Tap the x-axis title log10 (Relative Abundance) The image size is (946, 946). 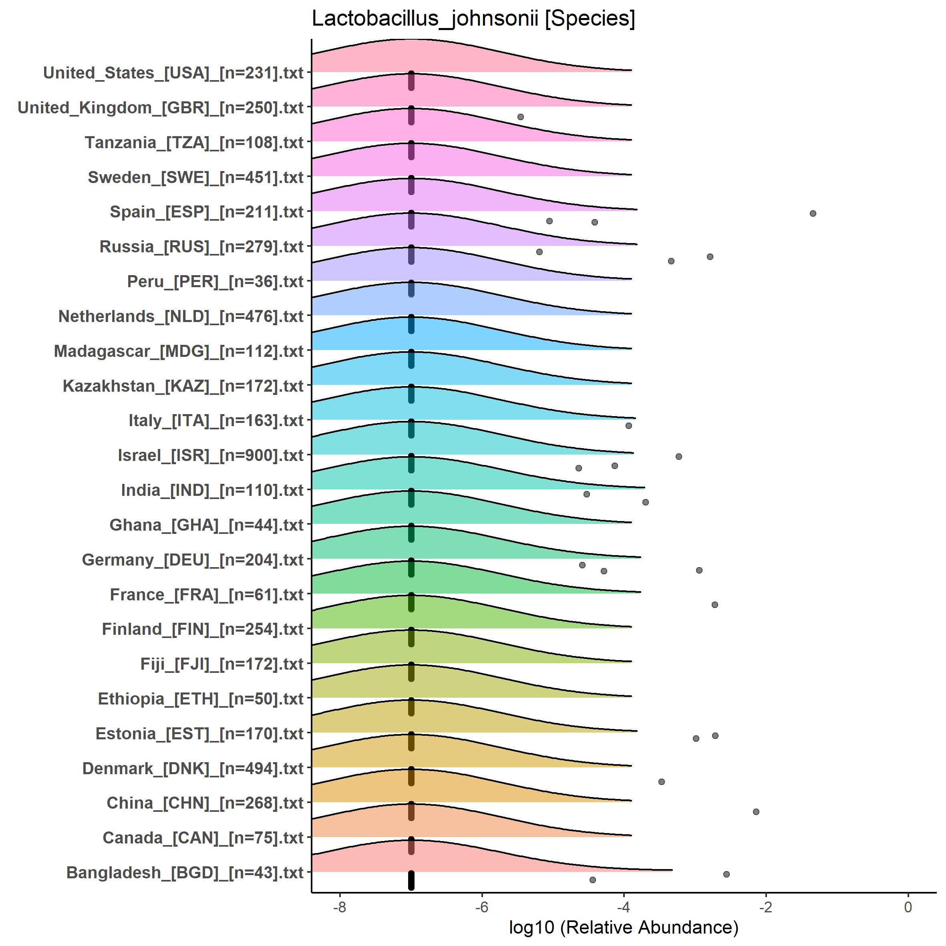tap(623, 927)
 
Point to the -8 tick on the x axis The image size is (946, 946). tap(340, 907)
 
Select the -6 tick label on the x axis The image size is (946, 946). tap(482, 907)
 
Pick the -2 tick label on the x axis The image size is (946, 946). tap(765, 907)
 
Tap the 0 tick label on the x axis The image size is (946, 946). tap(908, 907)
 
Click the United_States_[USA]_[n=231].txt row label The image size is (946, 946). tap(173, 73)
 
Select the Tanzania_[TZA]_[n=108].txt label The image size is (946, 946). tap(194, 143)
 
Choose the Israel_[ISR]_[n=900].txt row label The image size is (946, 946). tap(211, 455)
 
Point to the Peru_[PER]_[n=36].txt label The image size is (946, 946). tap(215, 282)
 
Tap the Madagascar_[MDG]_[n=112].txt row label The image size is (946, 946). tap(178, 351)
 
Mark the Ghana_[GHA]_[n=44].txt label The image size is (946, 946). tap(206, 525)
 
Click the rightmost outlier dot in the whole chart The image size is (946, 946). tap(813, 213)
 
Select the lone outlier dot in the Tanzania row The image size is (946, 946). tap(521, 117)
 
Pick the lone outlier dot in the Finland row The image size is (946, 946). tap(715, 605)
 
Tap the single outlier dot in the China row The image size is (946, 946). tap(662, 781)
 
